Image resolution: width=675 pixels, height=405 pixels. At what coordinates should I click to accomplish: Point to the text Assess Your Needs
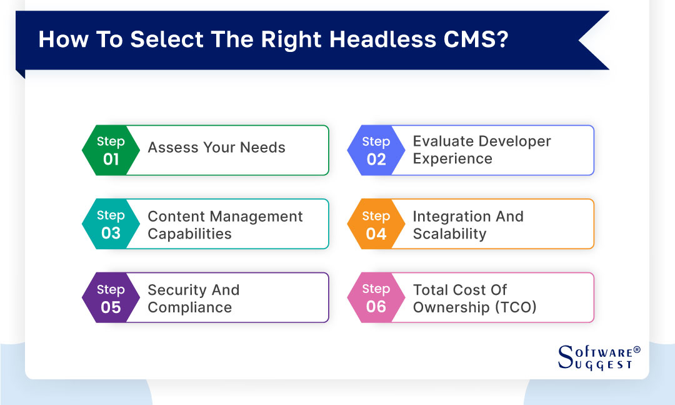[x=216, y=148]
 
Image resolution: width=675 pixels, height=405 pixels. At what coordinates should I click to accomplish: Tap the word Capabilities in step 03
[x=189, y=234]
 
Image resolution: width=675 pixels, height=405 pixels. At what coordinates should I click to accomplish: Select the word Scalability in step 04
[x=449, y=234]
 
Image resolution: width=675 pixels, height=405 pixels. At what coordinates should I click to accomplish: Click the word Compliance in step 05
[x=189, y=308]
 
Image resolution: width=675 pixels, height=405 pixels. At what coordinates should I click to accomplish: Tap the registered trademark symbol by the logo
[x=637, y=349]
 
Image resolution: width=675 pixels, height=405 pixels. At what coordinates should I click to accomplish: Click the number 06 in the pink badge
[x=376, y=306]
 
